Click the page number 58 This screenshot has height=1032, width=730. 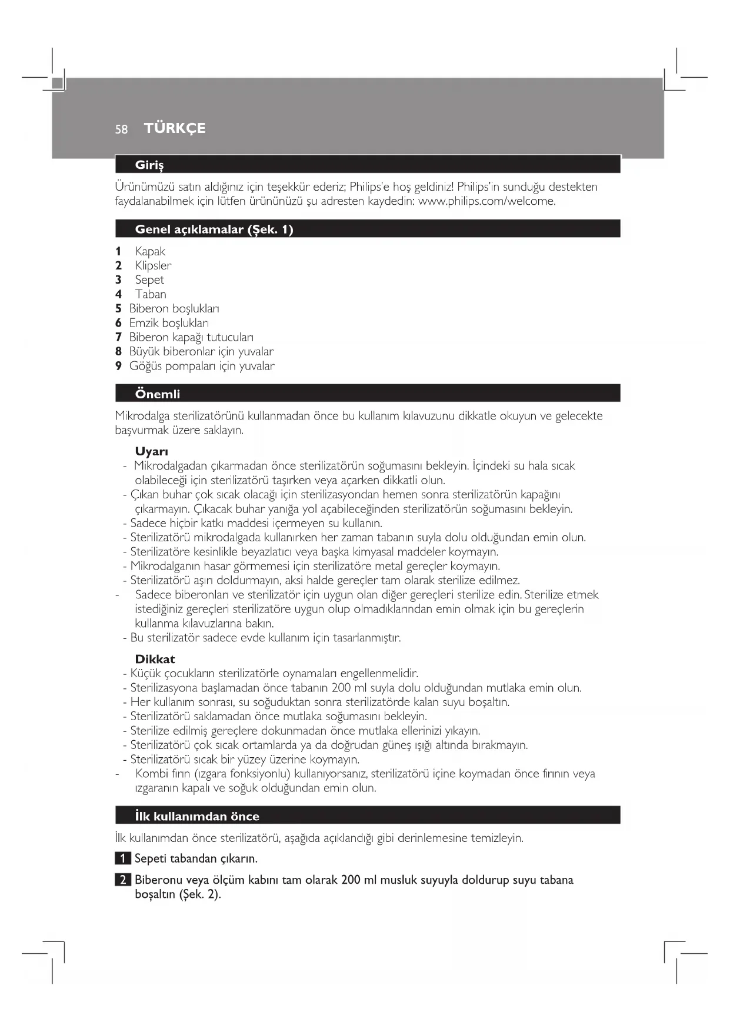(x=121, y=129)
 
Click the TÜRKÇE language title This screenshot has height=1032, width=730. (x=175, y=128)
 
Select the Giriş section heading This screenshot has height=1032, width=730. (x=149, y=165)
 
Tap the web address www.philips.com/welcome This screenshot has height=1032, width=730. (x=486, y=201)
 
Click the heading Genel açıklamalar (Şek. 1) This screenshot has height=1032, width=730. (x=214, y=229)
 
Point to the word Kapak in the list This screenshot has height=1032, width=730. (x=150, y=251)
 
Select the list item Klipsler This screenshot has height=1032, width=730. (x=153, y=265)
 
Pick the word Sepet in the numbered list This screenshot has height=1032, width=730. (x=149, y=280)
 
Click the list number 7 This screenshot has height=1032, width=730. (x=118, y=337)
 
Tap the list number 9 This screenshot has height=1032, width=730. (x=118, y=366)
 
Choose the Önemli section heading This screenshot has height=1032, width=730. (x=158, y=394)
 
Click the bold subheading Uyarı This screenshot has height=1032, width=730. (x=152, y=451)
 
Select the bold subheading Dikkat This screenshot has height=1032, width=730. (x=155, y=659)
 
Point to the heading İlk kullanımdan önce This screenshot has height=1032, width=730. (x=196, y=816)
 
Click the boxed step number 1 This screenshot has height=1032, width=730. (x=122, y=858)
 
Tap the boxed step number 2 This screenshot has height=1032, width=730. (x=122, y=880)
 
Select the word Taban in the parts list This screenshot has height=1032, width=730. (x=151, y=294)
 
